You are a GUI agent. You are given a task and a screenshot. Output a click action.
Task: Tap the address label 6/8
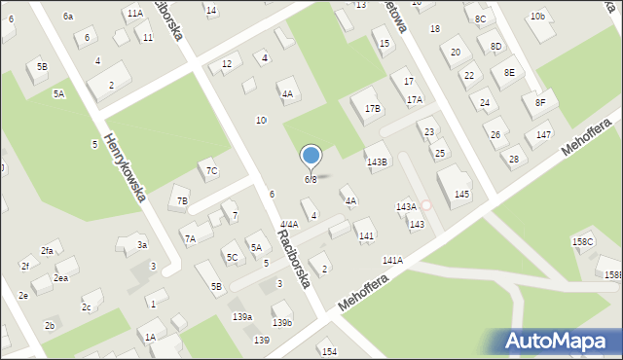[311, 180]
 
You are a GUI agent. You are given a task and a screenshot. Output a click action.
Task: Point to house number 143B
[377, 162]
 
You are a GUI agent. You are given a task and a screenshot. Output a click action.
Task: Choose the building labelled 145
[461, 195]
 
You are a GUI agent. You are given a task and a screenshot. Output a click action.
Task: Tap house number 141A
[392, 261]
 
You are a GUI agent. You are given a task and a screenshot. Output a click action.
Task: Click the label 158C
[582, 241]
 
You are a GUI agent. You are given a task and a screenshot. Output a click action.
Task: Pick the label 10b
[537, 17]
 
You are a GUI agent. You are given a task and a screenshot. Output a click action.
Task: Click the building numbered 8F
[539, 102]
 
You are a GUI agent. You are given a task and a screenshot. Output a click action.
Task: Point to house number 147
[543, 134]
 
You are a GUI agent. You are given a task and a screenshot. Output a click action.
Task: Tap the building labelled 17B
[372, 108]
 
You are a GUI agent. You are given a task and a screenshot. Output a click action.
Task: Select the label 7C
[211, 172]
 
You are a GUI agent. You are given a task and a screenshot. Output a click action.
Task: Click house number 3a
[142, 245]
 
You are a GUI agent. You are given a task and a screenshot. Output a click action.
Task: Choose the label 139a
[242, 317]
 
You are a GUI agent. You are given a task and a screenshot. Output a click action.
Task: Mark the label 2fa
[47, 251]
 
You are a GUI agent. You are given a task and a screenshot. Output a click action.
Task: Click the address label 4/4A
[288, 225]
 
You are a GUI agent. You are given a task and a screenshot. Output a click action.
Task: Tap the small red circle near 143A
[425, 205]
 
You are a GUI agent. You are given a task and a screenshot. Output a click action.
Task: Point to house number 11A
[134, 13]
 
